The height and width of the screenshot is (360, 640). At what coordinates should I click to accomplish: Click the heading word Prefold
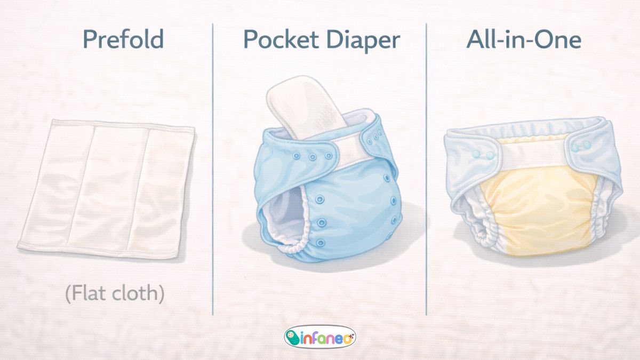[123, 40]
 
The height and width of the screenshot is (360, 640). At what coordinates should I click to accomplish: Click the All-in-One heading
[524, 40]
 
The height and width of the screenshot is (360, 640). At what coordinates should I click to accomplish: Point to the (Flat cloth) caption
[115, 293]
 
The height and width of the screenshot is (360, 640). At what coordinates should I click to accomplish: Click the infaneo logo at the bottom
[320, 337]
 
